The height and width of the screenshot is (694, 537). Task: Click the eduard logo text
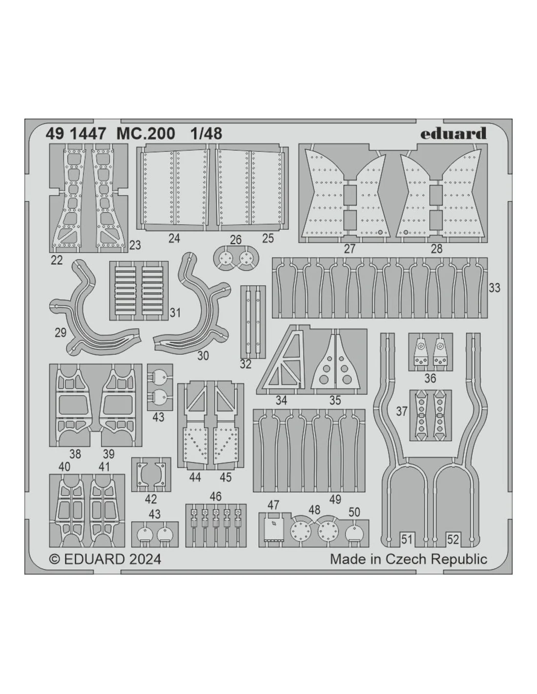pyautogui.click(x=453, y=133)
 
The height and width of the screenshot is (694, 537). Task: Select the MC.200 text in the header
pyautogui.click(x=145, y=134)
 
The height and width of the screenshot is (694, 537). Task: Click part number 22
pyautogui.click(x=57, y=260)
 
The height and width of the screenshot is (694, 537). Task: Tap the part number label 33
pyautogui.click(x=494, y=288)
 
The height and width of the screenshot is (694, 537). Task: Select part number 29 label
pyautogui.click(x=61, y=332)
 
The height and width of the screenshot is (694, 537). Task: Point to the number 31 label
pyautogui.click(x=175, y=312)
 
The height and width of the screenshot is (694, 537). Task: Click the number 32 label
pyautogui.click(x=246, y=364)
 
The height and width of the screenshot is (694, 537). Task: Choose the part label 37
pyautogui.click(x=402, y=411)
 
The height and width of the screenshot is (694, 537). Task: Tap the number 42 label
pyautogui.click(x=151, y=499)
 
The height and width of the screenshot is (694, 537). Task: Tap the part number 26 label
pyautogui.click(x=236, y=240)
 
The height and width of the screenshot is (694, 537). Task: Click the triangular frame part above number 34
pyautogui.click(x=282, y=361)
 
